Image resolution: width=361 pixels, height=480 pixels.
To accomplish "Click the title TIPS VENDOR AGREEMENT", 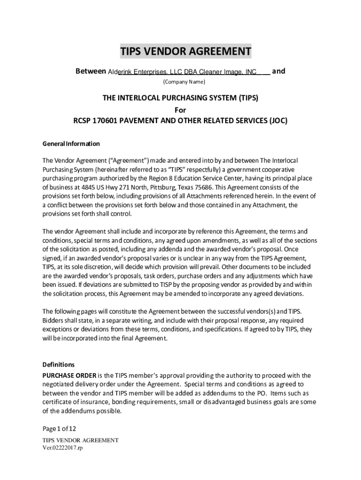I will click(186, 51).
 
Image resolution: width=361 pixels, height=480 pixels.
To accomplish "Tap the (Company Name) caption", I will click(184, 82).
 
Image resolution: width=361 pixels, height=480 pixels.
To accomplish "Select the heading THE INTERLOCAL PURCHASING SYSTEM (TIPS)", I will click(180, 98).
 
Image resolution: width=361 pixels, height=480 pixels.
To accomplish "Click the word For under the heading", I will click(180, 110).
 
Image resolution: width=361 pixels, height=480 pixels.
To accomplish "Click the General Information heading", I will click(71, 143).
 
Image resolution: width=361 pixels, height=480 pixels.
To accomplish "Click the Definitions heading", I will click(59, 364).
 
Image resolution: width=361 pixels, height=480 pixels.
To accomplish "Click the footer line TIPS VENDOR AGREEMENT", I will click(80, 441).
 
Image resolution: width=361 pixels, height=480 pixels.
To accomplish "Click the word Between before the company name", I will click(91, 72).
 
